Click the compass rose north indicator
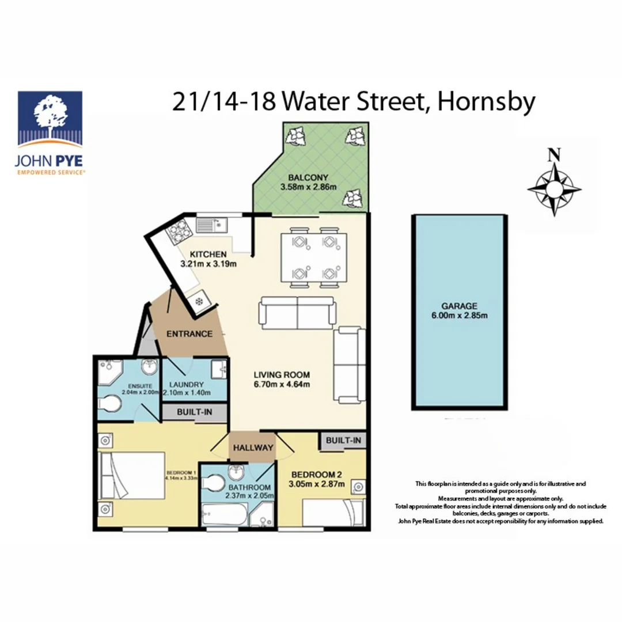pos(554,154)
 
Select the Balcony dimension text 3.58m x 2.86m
pos(308,187)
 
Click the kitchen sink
pos(212,224)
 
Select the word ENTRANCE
pos(189,334)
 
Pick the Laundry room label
pos(187,384)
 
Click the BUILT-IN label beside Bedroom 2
pos(343,441)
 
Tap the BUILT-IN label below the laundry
pos(194,412)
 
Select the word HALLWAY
pos(253,447)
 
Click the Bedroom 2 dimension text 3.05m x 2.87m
pos(316,484)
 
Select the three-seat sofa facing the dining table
pos(297,312)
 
